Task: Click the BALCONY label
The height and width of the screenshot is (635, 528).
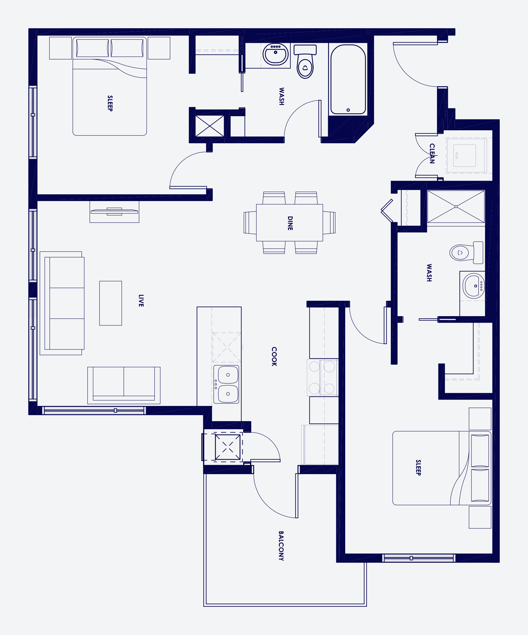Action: pyautogui.click(x=281, y=546)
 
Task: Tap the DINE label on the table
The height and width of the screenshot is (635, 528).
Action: pyautogui.click(x=290, y=223)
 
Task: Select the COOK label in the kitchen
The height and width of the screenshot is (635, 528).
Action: pyautogui.click(x=274, y=357)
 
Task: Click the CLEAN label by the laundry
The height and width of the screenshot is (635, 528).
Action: pyautogui.click(x=432, y=153)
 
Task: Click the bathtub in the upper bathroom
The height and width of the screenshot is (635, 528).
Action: pyautogui.click(x=348, y=79)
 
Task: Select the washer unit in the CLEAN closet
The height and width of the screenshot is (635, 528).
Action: pyautogui.click(x=465, y=155)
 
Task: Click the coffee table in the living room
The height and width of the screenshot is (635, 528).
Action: pyautogui.click(x=111, y=303)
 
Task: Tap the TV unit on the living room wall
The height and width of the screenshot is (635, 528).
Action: pyautogui.click(x=114, y=212)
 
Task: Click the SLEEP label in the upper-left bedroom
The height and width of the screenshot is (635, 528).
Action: pyautogui.click(x=110, y=103)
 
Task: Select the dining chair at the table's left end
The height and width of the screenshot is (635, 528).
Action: pyautogui.click(x=250, y=223)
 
